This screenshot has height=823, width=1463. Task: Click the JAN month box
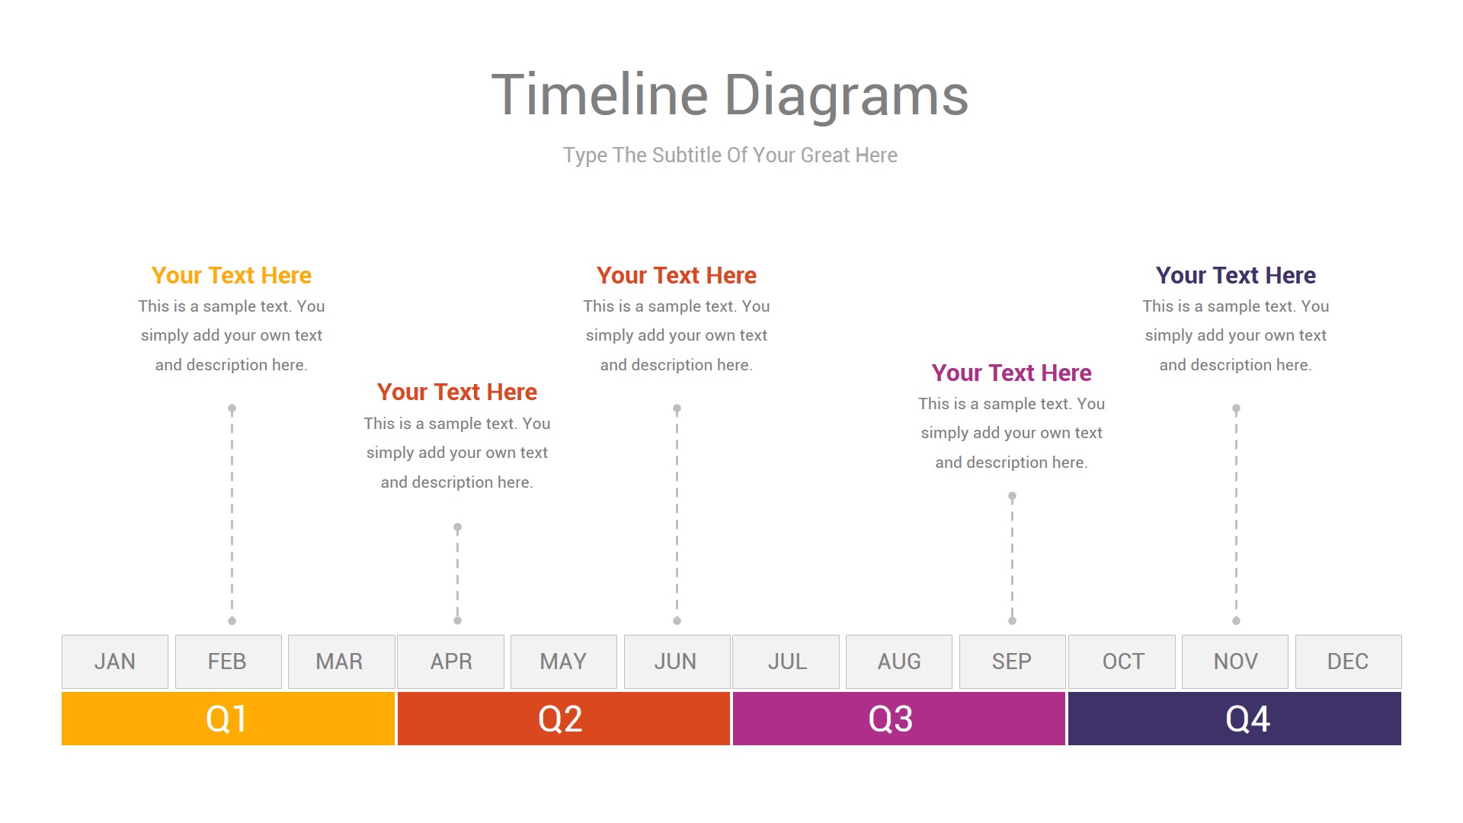115,661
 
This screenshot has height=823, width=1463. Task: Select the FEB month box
229,661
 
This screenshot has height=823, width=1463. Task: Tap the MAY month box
564,661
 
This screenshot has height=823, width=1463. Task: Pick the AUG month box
899,661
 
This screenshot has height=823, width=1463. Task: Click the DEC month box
1349,661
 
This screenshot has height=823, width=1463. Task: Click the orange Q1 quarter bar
228,719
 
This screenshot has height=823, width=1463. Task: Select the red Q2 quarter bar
564,719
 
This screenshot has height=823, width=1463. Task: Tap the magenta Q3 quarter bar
899,719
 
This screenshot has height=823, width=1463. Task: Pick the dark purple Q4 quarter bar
1234,719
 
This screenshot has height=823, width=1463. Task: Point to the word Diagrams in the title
846,96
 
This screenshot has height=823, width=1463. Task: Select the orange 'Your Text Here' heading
232,275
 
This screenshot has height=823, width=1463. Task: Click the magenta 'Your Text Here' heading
1012,373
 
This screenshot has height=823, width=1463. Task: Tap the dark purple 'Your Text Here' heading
1236,275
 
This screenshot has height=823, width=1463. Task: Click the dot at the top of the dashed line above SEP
1012,496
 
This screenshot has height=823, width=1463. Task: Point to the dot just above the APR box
457,620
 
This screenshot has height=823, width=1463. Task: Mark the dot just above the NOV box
1236,620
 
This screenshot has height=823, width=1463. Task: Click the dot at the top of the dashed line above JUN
677,408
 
